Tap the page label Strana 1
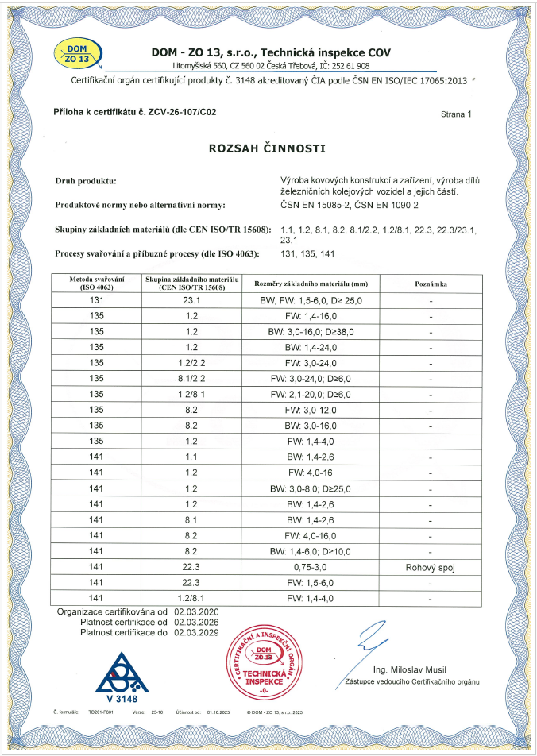[x=456, y=114]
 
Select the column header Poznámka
[x=431, y=283]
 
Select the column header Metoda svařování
[x=98, y=283]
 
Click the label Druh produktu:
[x=87, y=181]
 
